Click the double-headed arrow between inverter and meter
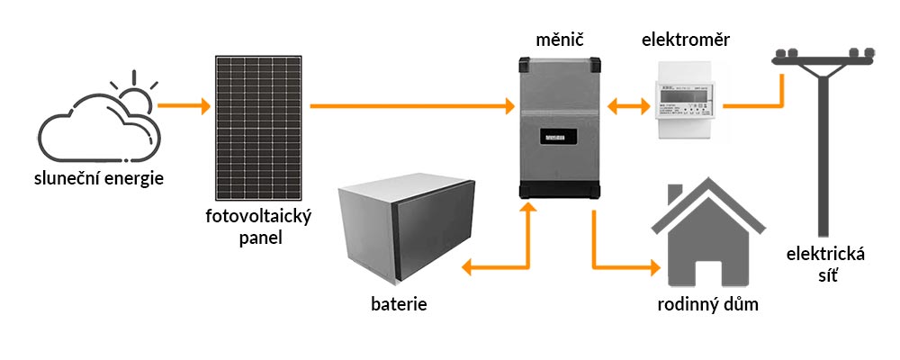point(628,106)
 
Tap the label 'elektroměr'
point(686,40)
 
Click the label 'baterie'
point(398,303)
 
